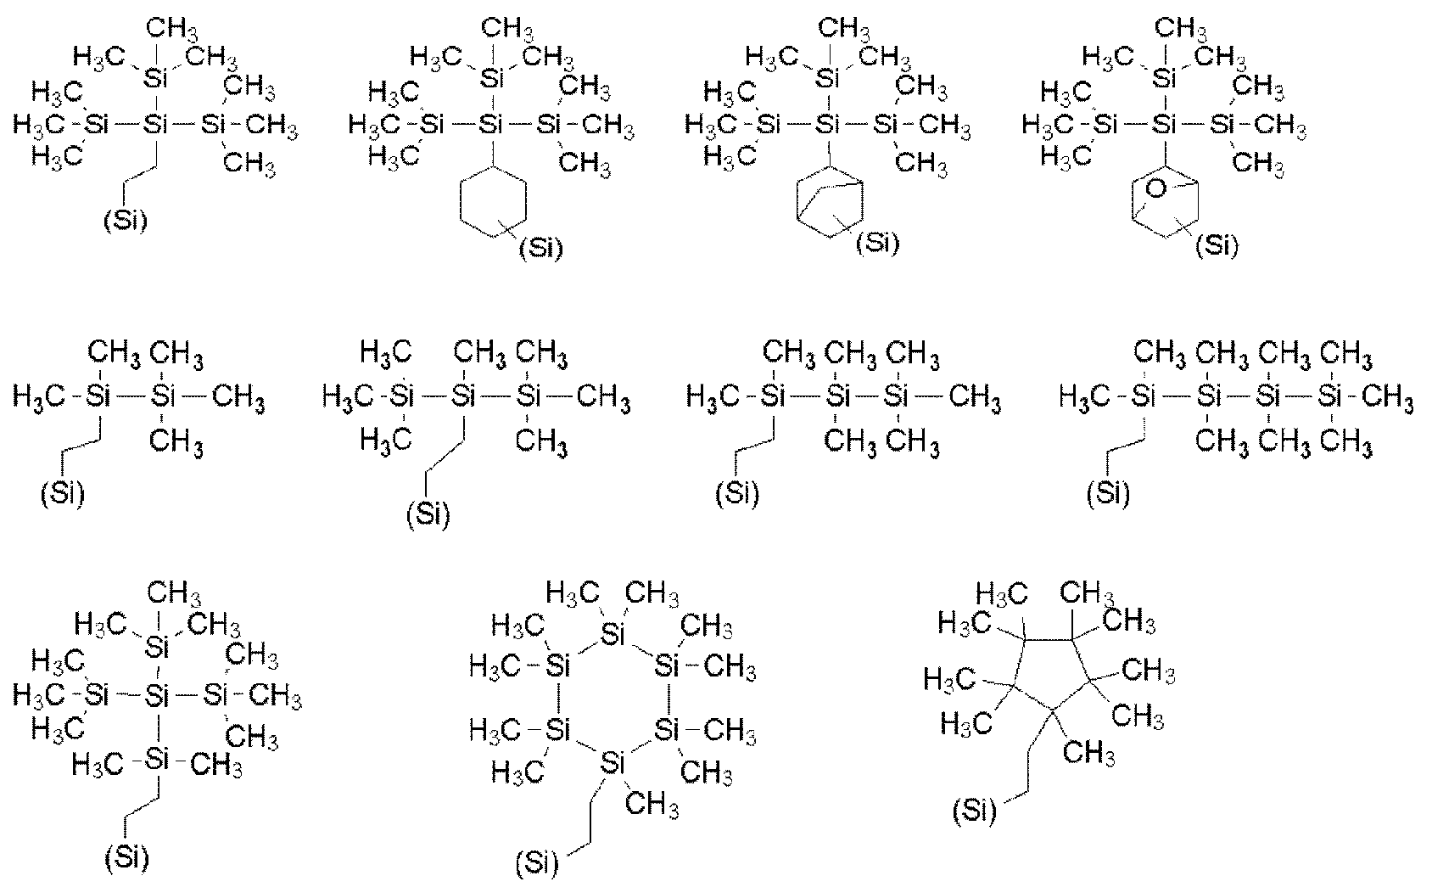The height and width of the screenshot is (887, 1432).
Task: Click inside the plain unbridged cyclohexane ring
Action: click(x=493, y=202)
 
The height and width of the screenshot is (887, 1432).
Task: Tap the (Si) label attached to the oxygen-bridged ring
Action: click(x=1217, y=245)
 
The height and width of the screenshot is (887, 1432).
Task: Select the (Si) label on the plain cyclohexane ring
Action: click(x=541, y=248)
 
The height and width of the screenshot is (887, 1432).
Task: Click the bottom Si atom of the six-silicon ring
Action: click(x=613, y=763)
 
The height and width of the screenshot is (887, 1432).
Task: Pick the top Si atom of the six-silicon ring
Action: click(x=613, y=634)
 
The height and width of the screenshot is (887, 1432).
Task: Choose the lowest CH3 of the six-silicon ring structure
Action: click(x=652, y=804)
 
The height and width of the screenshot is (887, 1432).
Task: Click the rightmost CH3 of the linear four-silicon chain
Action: click(x=1387, y=397)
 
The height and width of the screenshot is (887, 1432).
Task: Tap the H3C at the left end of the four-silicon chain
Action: click(x=1084, y=397)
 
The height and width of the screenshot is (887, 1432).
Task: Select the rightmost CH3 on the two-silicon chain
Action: click(x=238, y=397)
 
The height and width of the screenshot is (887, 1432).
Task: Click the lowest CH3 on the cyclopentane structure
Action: click(x=1088, y=753)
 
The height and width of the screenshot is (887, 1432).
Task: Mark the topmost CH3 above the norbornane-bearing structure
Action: click(x=844, y=29)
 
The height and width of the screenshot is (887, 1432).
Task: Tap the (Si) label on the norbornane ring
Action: click(x=878, y=243)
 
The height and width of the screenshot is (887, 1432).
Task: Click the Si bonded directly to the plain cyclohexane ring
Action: click(x=491, y=124)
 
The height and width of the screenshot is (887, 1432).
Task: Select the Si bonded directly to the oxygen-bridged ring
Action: click(x=1164, y=124)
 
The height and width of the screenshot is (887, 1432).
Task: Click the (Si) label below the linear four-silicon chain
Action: click(x=1109, y=494)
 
